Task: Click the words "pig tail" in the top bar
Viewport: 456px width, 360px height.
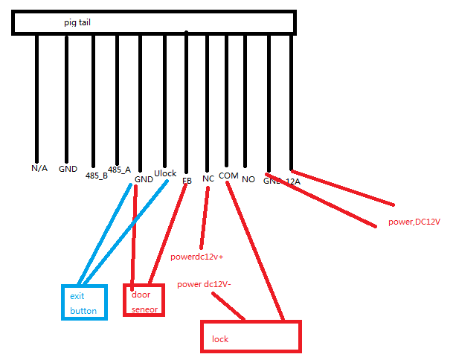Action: coord(77,23)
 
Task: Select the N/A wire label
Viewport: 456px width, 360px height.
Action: coord(39,168)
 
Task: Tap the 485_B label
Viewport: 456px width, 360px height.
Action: coord(97,176)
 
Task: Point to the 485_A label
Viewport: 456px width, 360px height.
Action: coord(119,170)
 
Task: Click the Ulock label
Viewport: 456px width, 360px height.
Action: coord(164,173)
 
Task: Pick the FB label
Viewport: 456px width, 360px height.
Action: coord(187,180)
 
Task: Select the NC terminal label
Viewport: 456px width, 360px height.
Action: coord(208,179)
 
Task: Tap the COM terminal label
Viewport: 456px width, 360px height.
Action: coord(228,176)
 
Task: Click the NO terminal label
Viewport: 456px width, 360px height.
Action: coord(248,179)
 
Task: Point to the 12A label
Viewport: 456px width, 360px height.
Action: coord(293,181)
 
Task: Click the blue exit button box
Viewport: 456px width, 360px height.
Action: coord(83,303)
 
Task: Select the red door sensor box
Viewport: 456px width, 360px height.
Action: coord(143,300)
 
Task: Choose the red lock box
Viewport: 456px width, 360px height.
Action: coord(251,337)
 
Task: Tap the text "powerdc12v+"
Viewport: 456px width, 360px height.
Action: coord(197,257)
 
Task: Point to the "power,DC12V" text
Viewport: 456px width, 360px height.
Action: coord(414,222)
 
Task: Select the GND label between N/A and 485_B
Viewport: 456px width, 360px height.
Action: coord(68,168)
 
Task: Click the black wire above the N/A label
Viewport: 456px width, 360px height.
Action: coord(36,97)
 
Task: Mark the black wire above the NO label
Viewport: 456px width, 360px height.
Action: coord(245,97)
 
